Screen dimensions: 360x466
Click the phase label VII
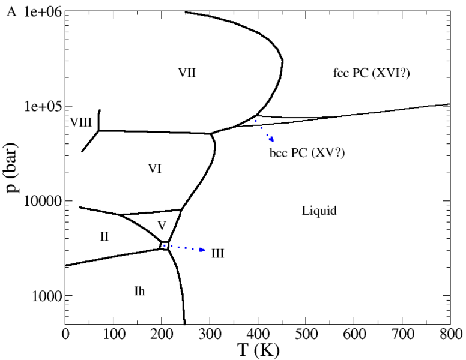pos(187,73)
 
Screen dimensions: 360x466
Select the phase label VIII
pos(80,122)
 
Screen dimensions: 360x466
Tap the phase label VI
pos(155,169)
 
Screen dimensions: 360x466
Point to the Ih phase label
pos(139,292)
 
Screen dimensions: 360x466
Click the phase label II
pos(104,236)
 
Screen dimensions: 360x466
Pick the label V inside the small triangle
pos(161,225)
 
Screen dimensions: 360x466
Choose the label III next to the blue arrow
pos(217,253)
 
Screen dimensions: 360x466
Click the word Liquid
pos(319,211)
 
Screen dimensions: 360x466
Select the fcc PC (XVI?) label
pos(375,73)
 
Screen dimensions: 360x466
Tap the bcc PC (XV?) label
pos(307,153)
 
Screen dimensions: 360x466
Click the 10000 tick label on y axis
pos(43,201)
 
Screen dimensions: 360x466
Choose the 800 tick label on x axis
pos(449,332)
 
